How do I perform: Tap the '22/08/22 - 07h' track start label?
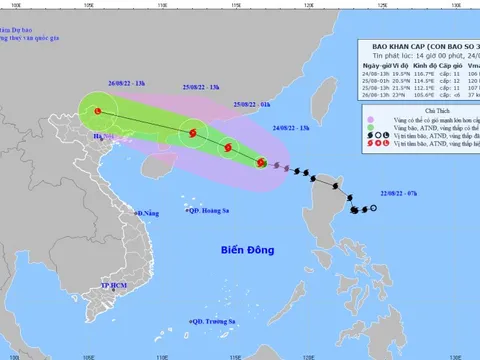pyautogui.click(x=395, y=193)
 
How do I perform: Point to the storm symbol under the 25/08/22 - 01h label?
pyautogui.click(x=229, y=148)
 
